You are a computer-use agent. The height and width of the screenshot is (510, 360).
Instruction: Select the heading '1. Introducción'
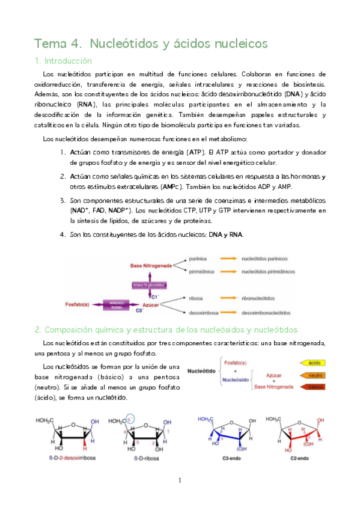click(63, 61)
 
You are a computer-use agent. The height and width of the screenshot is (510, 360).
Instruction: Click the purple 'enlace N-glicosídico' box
click(149, 284)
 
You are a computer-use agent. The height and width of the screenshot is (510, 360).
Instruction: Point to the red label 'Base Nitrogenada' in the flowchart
click(152, 265)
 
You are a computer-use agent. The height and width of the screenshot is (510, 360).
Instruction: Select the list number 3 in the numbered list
click(63, 200)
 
